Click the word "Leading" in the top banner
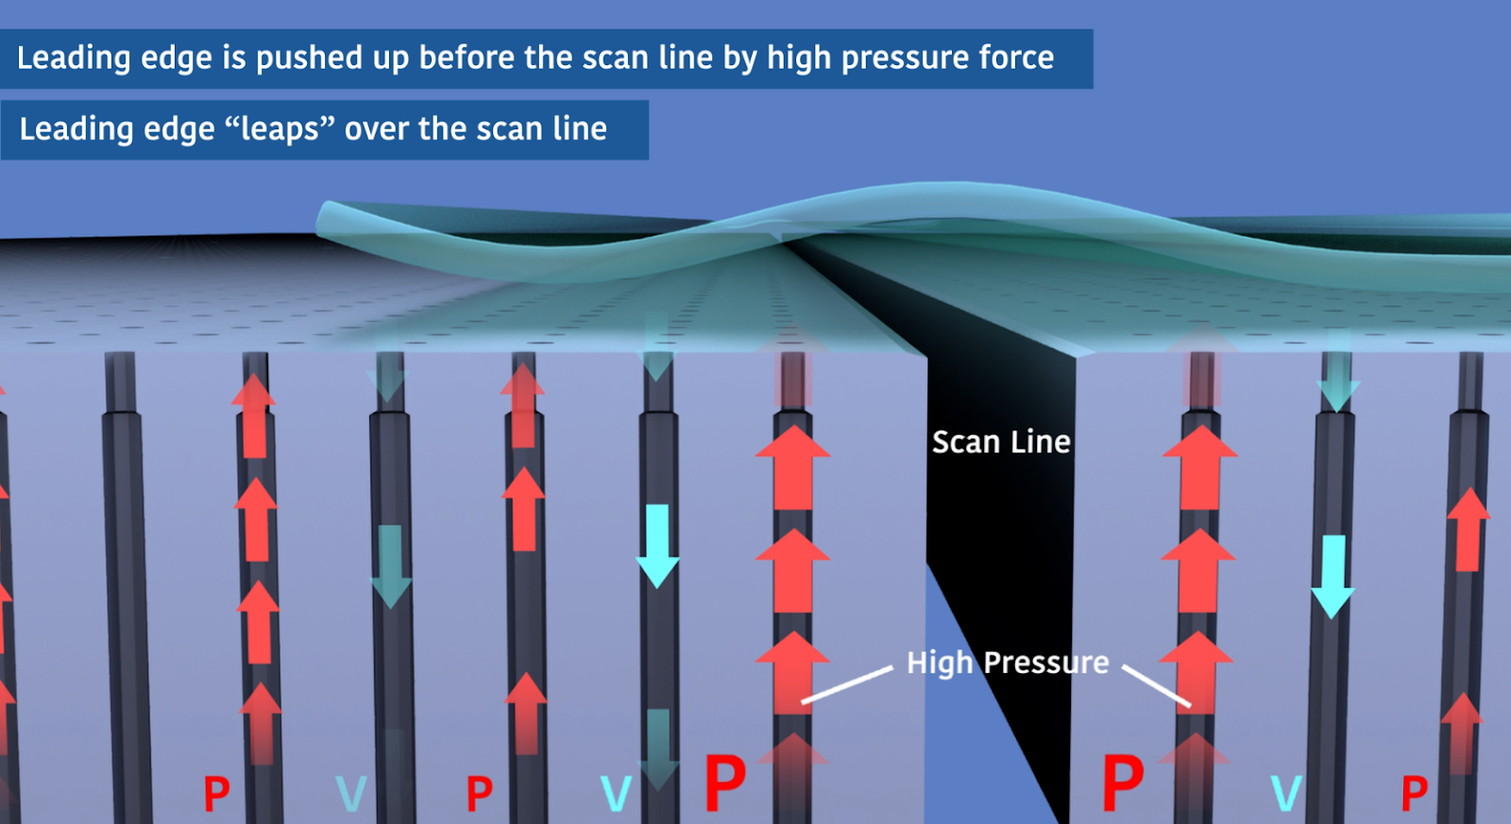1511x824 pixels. [74, 59]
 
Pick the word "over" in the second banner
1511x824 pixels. [376, 129]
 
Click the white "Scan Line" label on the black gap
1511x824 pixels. [1001, 442]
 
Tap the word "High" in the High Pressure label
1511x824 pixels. [939, 663]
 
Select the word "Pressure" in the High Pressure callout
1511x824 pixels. [1046, 663]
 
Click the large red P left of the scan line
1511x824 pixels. [725, 782]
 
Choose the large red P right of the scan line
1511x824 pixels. [1123, 782]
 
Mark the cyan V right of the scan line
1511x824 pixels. [1286, 793]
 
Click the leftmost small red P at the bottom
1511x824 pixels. [216, 794]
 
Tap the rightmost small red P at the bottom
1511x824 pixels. [1414, 793]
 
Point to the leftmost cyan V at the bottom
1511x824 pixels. [350, 794]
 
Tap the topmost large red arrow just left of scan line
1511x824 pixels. [792, 467]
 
